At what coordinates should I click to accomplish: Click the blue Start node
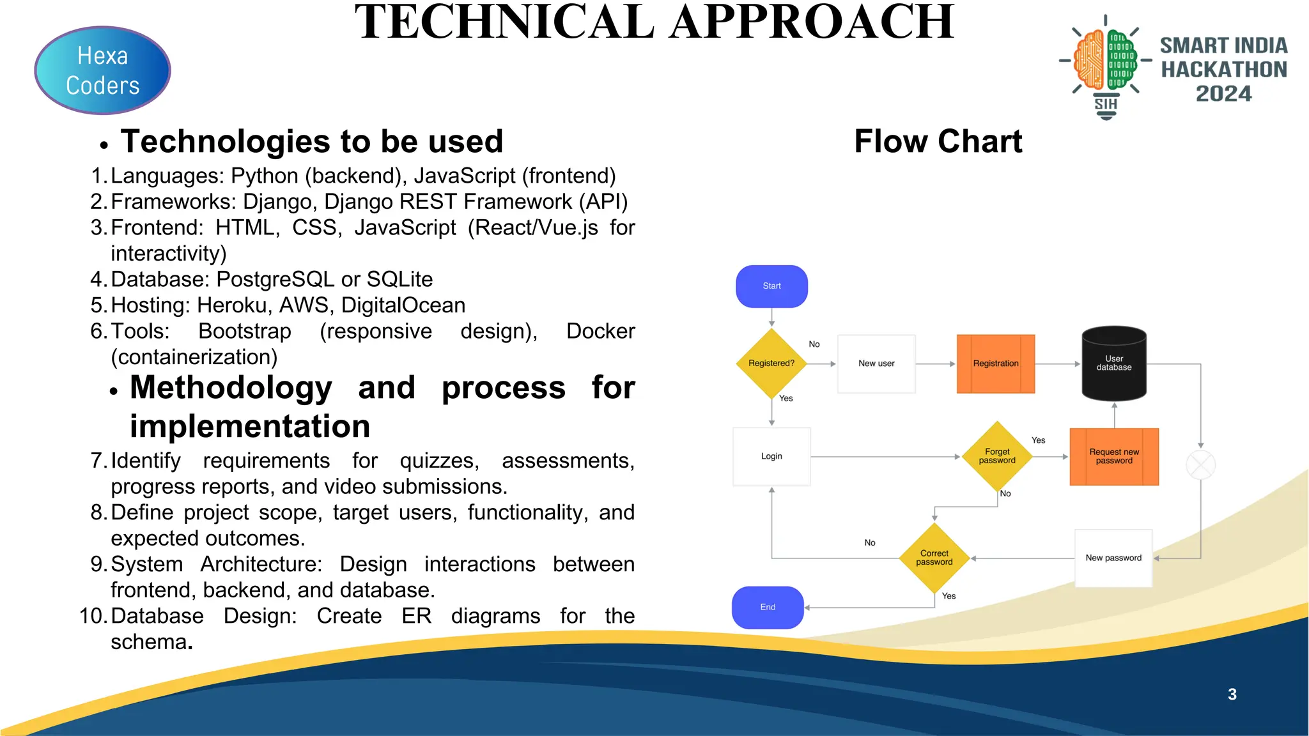[771, 286]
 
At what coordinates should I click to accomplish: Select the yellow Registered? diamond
[771, 364]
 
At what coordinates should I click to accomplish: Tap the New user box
[876, 364]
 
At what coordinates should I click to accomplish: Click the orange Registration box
[995, 364]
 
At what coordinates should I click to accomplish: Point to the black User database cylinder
[1113, 364]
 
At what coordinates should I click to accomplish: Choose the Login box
[771, 456]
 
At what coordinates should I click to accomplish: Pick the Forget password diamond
[996, 456]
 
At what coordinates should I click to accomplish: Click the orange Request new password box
[1113, 456]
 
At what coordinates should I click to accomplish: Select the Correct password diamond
[934, 558]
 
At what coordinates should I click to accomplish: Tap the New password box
[1113, 558]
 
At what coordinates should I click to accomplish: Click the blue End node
[768, 607]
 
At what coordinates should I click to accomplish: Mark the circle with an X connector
[1200, 464]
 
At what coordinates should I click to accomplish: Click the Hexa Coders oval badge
[102, 70]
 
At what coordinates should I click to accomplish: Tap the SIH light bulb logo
[1105, 67]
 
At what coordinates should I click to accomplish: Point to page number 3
[1232, 694]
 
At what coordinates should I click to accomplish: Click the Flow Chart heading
[938, 141]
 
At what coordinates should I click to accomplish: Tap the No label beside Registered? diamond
[814, 344]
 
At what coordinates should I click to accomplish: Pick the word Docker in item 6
[600, 331]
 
